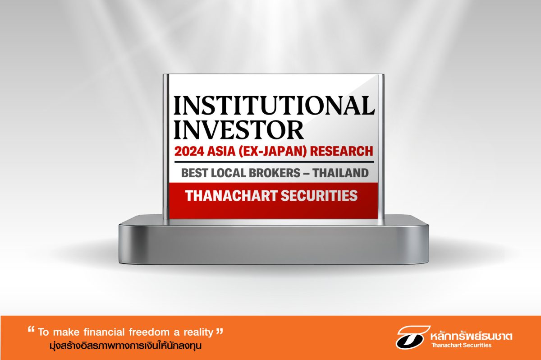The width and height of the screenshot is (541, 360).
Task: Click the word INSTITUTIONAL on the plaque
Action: [275, 106]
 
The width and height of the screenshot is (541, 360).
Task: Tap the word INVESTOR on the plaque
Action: [238, 130]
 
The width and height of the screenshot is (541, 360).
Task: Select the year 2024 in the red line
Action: [189, 151]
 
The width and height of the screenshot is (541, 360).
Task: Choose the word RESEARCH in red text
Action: [341, 151]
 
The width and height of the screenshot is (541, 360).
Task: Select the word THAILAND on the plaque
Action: [340, 173]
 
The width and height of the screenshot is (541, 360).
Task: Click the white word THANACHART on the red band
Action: [232, 196]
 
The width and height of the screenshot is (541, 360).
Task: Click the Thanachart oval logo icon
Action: [413, 337]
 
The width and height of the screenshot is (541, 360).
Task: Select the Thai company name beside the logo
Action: [471, 336]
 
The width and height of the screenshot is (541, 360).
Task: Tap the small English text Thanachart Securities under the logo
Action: [461, 345]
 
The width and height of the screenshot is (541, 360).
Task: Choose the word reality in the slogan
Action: [198, 332]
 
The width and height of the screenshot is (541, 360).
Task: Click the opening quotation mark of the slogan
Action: [31, 330]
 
